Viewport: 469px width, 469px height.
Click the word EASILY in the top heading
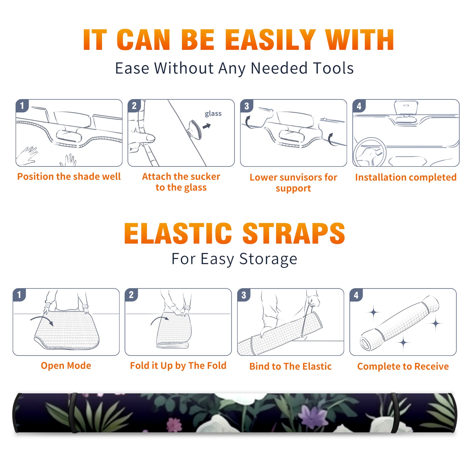pos(271,40)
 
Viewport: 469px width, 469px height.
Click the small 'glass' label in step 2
pos(213,114)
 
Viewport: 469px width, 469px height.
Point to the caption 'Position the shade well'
pos(69,176)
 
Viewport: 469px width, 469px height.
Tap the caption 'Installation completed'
pos(406,177)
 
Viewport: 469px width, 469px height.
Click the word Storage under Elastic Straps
pos(268,259)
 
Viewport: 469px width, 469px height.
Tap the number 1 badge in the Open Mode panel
pos(19,295)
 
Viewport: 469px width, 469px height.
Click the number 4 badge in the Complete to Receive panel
pos(356,295)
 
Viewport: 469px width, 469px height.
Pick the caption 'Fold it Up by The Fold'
pos(178,366)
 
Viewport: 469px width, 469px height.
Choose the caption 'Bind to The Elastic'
pos(290,366)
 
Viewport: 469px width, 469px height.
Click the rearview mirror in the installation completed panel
pos(406,108)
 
